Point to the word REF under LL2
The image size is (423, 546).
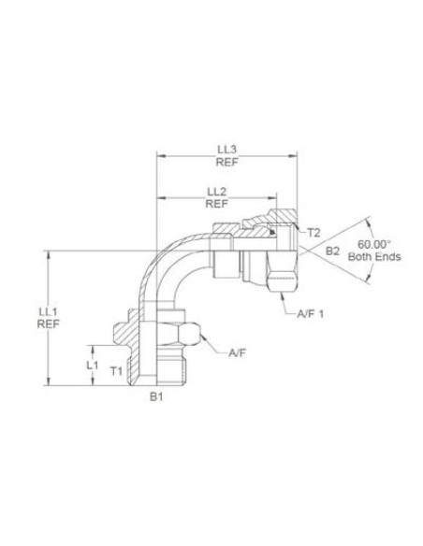[216, 203]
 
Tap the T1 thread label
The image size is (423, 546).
[116, 371]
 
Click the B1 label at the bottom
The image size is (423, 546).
[157, 396]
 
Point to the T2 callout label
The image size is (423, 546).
[315, 232]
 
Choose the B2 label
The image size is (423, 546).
[332, 251]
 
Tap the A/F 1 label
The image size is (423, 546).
[311, 314]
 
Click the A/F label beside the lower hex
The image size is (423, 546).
[236, 354]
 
